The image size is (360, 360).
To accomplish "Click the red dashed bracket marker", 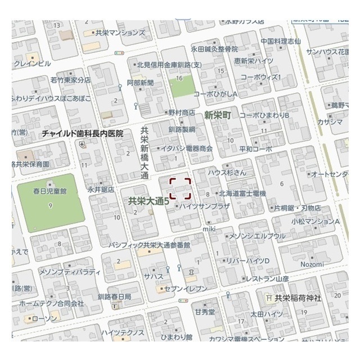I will (181, 188).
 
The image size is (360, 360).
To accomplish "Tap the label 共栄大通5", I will (148, 200).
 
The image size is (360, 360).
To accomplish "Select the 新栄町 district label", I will (218, 115).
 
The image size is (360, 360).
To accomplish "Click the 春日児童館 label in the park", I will (50, 191).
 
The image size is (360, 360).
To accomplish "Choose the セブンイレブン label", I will (186, 289).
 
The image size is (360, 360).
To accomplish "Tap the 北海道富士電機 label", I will (242, 193).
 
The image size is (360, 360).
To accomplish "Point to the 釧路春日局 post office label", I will (114, 296).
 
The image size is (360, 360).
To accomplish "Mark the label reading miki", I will (209, 228).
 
